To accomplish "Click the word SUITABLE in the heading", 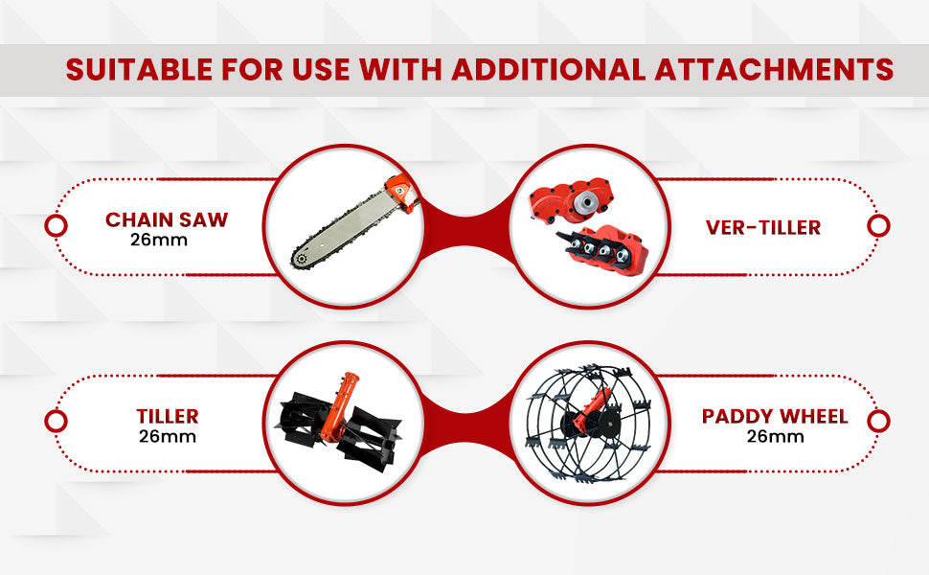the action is click(139, 69).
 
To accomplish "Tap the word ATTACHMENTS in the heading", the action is click(774, 69).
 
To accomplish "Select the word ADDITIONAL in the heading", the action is click(548, 69).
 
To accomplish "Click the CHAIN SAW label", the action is click(167, 219).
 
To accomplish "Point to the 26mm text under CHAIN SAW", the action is click(159, 241).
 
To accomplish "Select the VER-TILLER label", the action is click(763, 227).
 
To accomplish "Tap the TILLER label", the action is click(168, 416).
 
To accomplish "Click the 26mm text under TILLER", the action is click(168, 436).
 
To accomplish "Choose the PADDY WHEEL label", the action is click(775, 416).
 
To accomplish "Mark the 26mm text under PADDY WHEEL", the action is click(775, 436).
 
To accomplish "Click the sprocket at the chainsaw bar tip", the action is click(301, 259).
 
